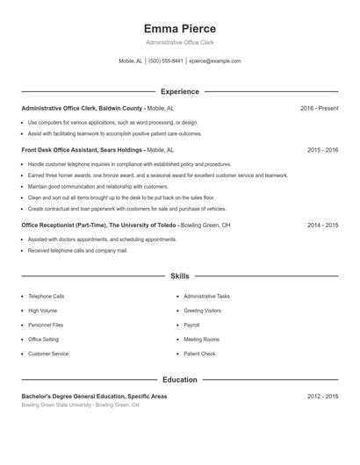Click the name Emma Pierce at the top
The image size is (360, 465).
point(179,28)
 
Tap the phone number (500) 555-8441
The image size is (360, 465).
point(166,61)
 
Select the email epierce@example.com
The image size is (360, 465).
point(215,61)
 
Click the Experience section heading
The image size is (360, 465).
point(180,91)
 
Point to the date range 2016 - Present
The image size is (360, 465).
point(319,108)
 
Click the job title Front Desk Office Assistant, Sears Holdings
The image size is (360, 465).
point(82,150)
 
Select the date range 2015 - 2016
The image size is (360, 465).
point(322,150)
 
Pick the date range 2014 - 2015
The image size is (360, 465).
point(322,225)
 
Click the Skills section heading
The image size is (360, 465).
point(180,276)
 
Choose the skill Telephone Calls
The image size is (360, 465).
point(46,297)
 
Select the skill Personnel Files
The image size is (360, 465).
point(46,325)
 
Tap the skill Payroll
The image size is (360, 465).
point(191,325)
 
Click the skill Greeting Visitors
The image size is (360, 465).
point(202,311)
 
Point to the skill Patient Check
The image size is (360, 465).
point(199,354)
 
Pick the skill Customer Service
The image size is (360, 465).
point(48,354)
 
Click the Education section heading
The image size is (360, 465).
point(180,380)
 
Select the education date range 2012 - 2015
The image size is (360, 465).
point(322,397)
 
